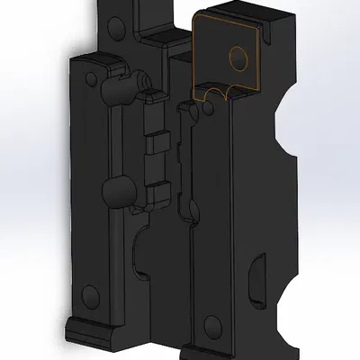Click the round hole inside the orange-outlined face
(x=238, y=58)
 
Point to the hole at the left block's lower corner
(x=89, y=294)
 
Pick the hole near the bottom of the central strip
(x=213, y=324)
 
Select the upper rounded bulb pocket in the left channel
(x=115, y=90)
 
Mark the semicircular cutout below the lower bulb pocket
(x=147, y=256)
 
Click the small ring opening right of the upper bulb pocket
(x=144, y=83)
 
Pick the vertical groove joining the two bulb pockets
(x=114, y=139)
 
